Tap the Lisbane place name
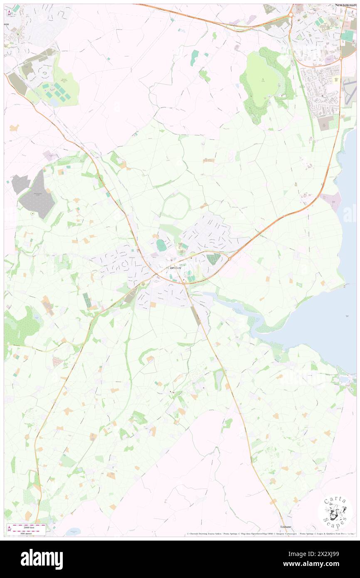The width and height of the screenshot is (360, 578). click(x=286, y=526)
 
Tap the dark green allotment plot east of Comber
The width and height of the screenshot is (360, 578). click(x=213, y=259)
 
